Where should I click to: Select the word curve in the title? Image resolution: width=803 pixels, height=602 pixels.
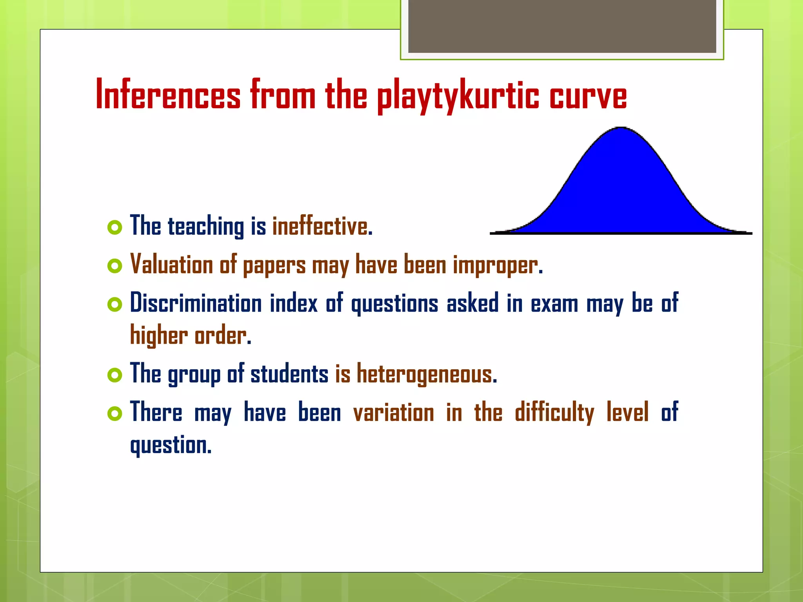pos(588,96)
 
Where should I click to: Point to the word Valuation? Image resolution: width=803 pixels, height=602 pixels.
pos(171,264)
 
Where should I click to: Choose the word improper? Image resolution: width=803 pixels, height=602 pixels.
pos(498,266)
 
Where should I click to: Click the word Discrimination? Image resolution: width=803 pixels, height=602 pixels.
pos(196,303)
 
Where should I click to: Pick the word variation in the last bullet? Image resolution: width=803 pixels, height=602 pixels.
pos(394,413)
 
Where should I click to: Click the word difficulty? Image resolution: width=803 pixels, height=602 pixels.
pos(554,413)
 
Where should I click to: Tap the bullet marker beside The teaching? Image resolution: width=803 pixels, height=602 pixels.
pos(114,227)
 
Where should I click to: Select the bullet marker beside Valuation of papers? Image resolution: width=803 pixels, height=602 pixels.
pos(114,266)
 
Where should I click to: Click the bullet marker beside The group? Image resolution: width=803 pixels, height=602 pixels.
pos(114,375)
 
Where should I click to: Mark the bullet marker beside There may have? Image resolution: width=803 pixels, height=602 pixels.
pos(114,413)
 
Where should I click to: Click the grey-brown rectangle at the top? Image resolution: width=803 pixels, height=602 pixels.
pos(562,26)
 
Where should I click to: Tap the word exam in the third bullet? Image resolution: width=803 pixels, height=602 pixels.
pos(554,304)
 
